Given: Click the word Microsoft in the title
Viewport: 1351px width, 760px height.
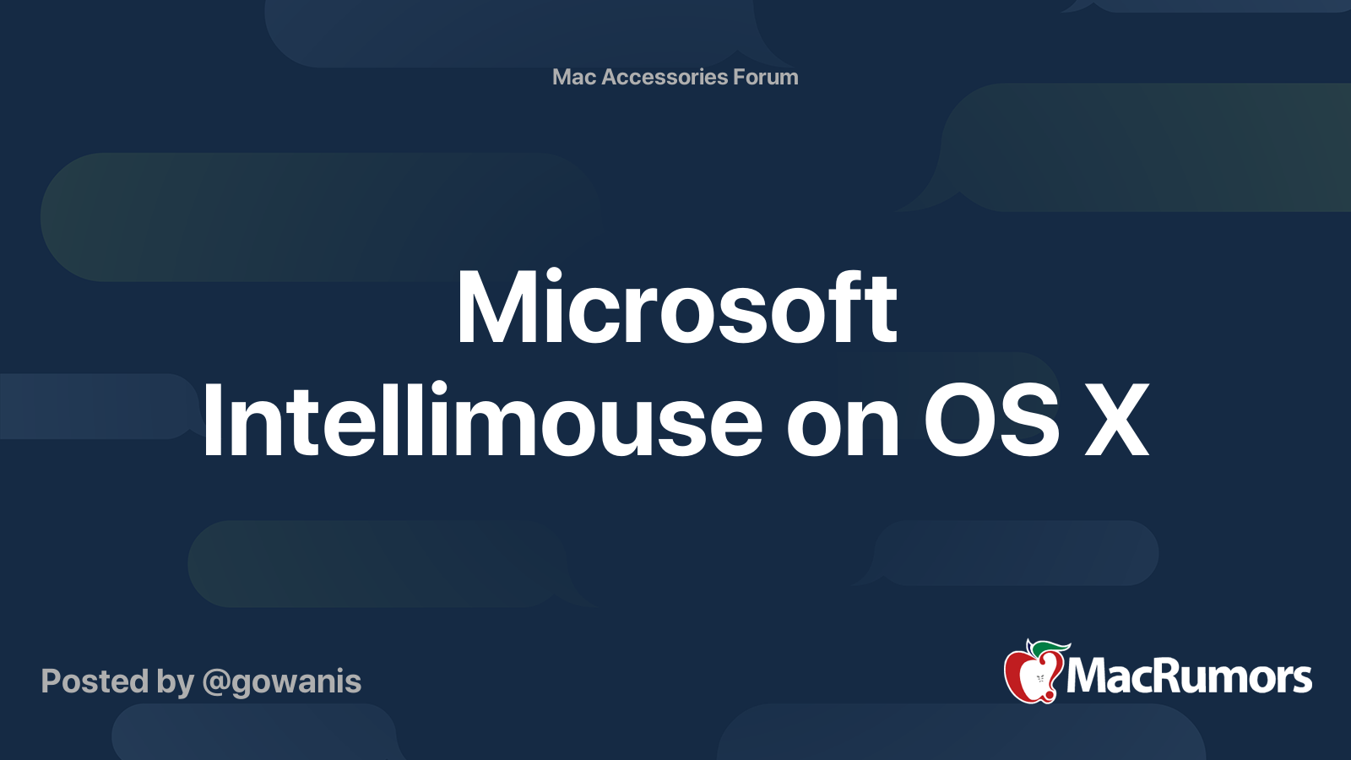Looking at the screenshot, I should pyautogui.click(x=676, y=308).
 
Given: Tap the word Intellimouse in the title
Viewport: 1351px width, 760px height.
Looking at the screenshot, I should pyautogui.click(x=482, y=421).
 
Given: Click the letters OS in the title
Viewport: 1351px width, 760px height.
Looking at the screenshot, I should pyautogui.click(x=991, y=421).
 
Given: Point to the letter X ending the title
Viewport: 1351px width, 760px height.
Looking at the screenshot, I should pyautogui.click(x=1117, y=421).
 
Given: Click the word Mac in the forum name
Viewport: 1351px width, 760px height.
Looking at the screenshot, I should pyautogui.click(x=574, y=77).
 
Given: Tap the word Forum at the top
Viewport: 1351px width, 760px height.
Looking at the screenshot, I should pyautogui.click(x=765, y=77).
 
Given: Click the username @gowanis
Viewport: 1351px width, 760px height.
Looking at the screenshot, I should pyautogui.click(x=282, y=682).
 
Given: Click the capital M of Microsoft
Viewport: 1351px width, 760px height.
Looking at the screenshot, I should pyautogui.click(x=499, y=308).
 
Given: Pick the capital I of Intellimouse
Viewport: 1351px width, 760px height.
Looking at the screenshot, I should pyautogui.click(x=210, y=421).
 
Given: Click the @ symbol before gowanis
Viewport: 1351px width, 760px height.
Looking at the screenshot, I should pyautogui.click(x=216, y=682).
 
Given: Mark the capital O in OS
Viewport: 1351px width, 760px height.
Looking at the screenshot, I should pyautogui.click(x=955, y=421).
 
